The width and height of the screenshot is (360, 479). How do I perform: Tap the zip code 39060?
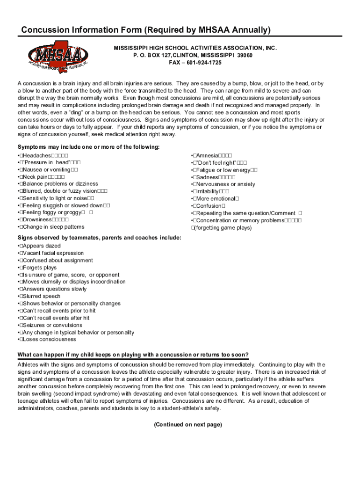click(x=245, y=55)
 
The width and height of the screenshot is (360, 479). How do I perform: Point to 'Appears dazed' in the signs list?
click(x=41, y=246)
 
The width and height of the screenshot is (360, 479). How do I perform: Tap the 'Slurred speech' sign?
click(x=41, y=296)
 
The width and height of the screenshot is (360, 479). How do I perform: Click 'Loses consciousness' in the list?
click(x=48, y=339)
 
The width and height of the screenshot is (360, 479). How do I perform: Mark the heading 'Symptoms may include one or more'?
click(x=88, y=147)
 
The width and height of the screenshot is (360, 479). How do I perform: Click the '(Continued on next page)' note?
click(x=188, y=425)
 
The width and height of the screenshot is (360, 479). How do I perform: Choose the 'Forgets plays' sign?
click(x=39, y=268)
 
